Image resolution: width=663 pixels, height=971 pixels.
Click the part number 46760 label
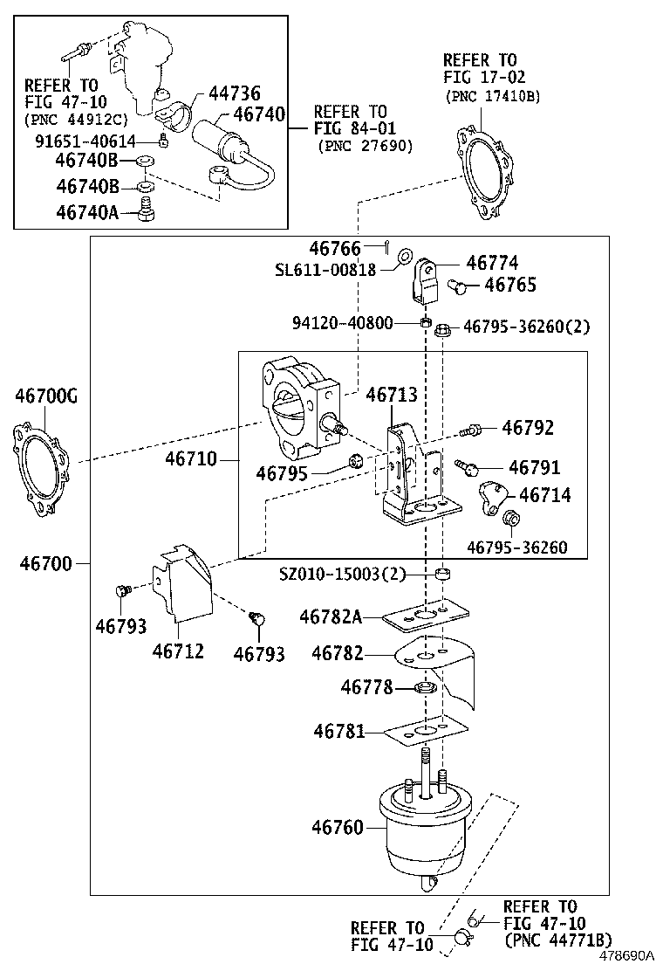[337, 827]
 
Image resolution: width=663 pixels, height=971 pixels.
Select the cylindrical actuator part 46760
[422, 830]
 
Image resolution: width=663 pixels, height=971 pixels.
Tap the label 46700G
[45, 398]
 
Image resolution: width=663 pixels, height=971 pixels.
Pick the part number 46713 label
[392, 395]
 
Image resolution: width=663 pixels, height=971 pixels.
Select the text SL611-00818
[325, 270]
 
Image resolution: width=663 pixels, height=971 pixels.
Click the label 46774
[492, 263]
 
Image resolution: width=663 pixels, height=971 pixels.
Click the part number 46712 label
[177, 651]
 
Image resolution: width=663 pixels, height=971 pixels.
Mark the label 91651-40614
[85, 141]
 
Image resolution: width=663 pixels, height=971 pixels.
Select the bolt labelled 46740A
[147, 210]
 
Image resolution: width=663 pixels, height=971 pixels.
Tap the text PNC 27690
[365, 145]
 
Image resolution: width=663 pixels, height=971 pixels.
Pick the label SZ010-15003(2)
[343, 574]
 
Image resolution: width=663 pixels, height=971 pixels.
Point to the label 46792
[527, 428]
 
